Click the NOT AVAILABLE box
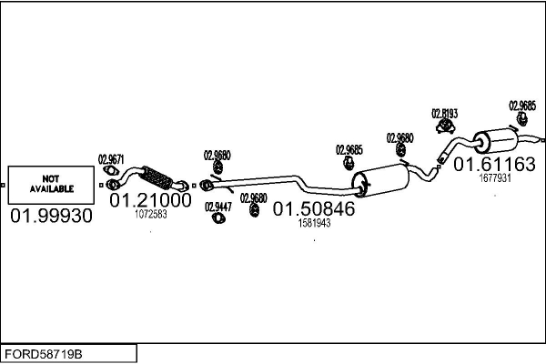(x=51, y=185)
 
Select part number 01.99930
(x=52, y=216)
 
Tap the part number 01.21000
(x=150, y=200)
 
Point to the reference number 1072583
(x=151, y=214)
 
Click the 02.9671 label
(x=111, y=159)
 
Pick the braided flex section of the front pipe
(x=157, y=177)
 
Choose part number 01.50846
(x=314, y=208)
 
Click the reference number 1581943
(x=314, y=223)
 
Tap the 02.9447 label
(x=218, y=207)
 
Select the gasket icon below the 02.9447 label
(x=218, y=218)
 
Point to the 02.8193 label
(x=445, y=114)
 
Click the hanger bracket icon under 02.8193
(x=445, y=126)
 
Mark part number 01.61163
(x=494, y=164)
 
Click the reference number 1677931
(x=495, y=178)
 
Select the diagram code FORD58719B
(x=44, y=354)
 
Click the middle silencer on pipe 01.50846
(x=380, y=180)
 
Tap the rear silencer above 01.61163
(x=496, y=140)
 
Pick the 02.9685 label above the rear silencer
(x=522, y=106)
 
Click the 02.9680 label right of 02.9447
(x=254, y=198)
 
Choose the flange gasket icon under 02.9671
(x=111, y=170)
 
